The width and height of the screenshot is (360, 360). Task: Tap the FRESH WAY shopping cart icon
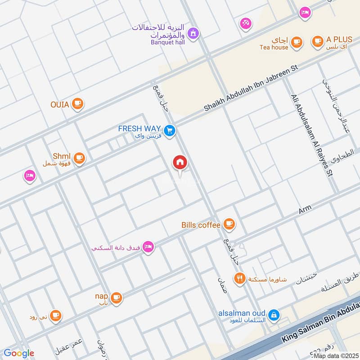click(170, 131)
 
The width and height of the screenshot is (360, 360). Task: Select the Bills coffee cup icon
click(229, 224)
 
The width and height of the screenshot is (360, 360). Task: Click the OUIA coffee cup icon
click(78, 104)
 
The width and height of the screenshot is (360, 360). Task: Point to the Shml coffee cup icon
click(80, 157)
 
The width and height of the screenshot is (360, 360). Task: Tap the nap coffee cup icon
click(116, 297)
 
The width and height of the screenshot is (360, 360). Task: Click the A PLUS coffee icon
click(318, 41)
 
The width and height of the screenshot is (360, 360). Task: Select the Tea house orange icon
click(296, 42)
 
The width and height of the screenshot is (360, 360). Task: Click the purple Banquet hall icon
click(193, 33)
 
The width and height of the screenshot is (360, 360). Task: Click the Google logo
click(19, 353)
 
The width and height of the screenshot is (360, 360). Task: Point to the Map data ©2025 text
click(335, 356)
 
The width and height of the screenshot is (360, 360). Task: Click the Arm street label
click(305, 209)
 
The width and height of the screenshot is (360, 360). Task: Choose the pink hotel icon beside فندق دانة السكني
click(148, 247)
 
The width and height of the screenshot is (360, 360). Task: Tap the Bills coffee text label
click(201, 225)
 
